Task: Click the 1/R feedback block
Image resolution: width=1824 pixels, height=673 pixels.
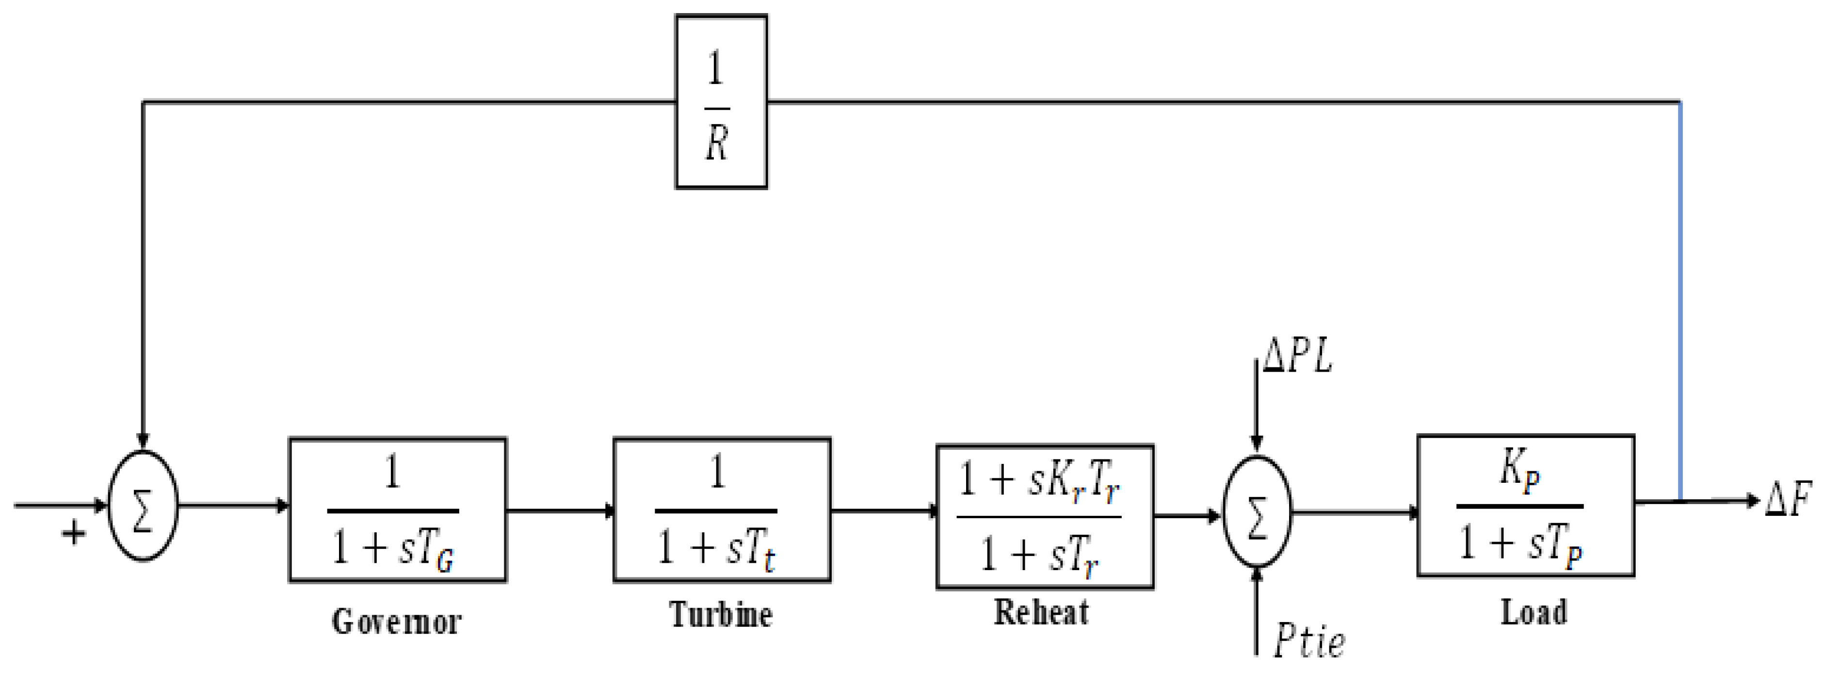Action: [721, 101]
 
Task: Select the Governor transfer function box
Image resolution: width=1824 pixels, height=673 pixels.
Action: [397, 509]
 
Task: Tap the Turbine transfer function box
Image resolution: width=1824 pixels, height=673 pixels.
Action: [722, 509]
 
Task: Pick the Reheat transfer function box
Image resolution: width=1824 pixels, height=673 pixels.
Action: [1045, 516]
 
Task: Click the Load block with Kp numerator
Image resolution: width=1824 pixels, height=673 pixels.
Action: [1525, 505]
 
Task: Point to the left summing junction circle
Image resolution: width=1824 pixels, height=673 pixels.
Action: [142, 506]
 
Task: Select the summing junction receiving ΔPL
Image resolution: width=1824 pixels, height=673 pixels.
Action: [1257, 511]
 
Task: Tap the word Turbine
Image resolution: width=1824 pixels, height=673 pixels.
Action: [721, 613]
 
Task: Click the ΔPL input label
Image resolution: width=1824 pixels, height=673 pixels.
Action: [1297, 356]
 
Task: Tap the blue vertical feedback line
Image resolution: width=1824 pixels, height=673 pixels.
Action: [1680, 297]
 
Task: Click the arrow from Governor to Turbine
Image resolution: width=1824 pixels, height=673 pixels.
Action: [559, 510]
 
